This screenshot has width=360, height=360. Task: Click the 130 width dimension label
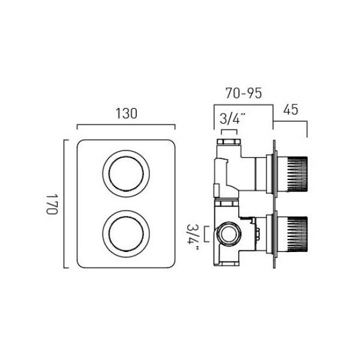pyautogui.click(x=126, y=113)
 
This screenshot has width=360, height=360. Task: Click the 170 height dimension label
pyautogui.click(x=52, y=204)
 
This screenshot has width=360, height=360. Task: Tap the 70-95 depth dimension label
pyautogui.click(x=244, y=93)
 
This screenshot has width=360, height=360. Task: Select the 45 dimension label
pyautogui.click(x=290, y=109)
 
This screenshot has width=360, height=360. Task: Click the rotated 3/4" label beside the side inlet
pyautogui.click(x=193, y=237)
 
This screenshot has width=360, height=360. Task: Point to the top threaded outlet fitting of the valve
pyautogui.click(x=230, y=142)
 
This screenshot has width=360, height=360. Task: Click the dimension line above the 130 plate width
pyautogui.click(x=126, y=125)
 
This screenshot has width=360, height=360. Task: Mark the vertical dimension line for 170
pyautogui.click(x=64, y=204)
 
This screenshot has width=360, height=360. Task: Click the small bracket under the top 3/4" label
pyautogui.click(x=229, y=130)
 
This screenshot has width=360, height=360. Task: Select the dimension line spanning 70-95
pyautogui.click(x=244, y=105)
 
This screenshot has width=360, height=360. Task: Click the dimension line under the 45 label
pyautogui.click(x=290, y=121)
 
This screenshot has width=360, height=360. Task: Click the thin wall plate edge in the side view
pyautogui.click(x=274, y=204)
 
